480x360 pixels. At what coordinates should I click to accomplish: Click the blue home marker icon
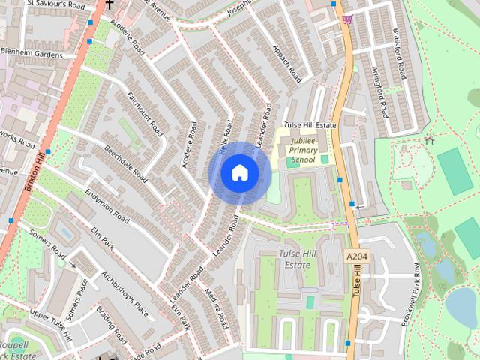point(239,173)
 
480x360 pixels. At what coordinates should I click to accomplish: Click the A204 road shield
point(358,257)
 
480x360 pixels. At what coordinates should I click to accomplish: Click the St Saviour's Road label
point(55,4)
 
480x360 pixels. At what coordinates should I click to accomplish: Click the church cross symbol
point(109,4)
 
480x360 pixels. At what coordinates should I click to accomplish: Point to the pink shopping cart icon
point(346,18)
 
